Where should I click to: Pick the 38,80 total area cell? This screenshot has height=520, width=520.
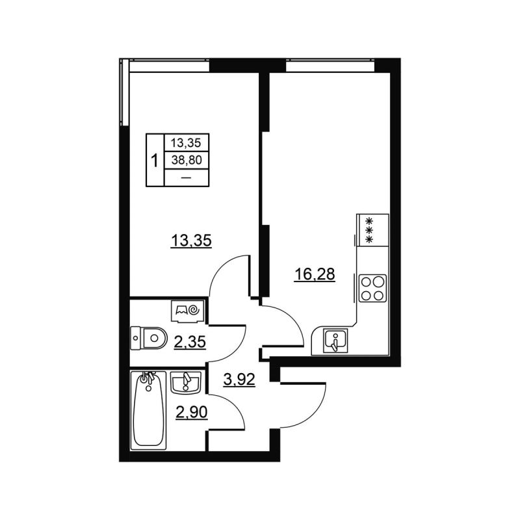(x=186, y=159)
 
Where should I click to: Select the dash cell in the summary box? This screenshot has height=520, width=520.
(x=186, y=177)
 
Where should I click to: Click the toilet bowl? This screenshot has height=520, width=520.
(x=149, y=337)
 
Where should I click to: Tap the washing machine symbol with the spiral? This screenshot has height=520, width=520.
(x=188, y=311)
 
